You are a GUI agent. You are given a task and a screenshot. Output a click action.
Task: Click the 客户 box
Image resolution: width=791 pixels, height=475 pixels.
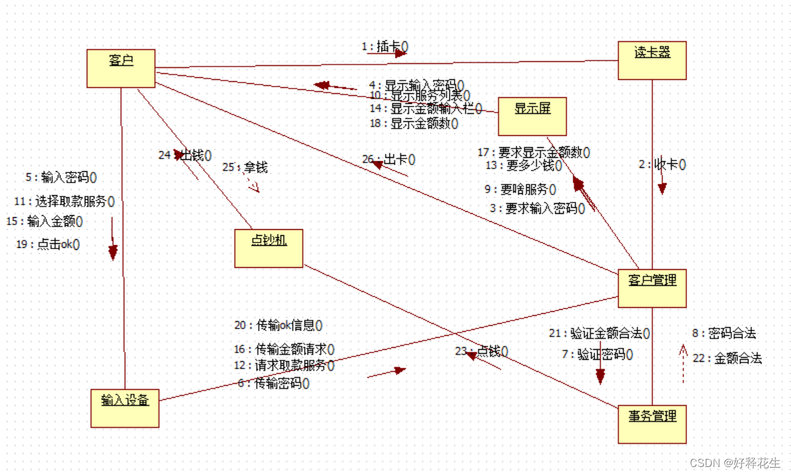[121, 68]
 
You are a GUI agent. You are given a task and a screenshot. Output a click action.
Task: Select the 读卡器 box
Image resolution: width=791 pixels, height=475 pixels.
[652, 61]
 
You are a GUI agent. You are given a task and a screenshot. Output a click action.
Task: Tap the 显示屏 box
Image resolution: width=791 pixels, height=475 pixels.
[533, 116]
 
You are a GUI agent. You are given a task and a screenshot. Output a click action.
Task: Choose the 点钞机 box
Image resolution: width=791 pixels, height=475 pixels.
[269, 248]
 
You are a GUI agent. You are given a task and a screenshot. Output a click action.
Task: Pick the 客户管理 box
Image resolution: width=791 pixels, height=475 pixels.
[652, 288]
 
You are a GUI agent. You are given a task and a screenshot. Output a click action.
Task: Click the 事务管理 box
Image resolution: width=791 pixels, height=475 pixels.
[652, 424]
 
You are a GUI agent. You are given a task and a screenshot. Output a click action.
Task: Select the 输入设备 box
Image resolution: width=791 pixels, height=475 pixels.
[125, 408]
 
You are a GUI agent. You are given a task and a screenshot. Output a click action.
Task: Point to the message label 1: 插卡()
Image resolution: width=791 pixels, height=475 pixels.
[385, 47]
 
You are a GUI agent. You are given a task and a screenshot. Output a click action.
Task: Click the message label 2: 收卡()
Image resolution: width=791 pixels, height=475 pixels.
[662, 165]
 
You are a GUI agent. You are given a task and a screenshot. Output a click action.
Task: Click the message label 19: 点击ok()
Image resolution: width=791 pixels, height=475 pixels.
[48, 244]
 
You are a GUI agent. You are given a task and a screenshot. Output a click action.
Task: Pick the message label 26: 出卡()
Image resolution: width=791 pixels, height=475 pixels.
[389, 159]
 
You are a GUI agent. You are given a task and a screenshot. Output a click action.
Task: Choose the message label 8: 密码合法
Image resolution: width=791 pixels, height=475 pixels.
[724, 334]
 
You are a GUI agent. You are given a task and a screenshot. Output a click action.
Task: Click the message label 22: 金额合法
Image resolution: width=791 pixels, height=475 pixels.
[727, 358]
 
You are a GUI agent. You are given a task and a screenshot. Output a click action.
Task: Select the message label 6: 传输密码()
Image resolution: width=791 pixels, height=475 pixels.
[274, 383]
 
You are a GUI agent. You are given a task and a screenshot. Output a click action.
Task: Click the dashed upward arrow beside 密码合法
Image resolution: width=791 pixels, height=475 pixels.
[683, 364]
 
